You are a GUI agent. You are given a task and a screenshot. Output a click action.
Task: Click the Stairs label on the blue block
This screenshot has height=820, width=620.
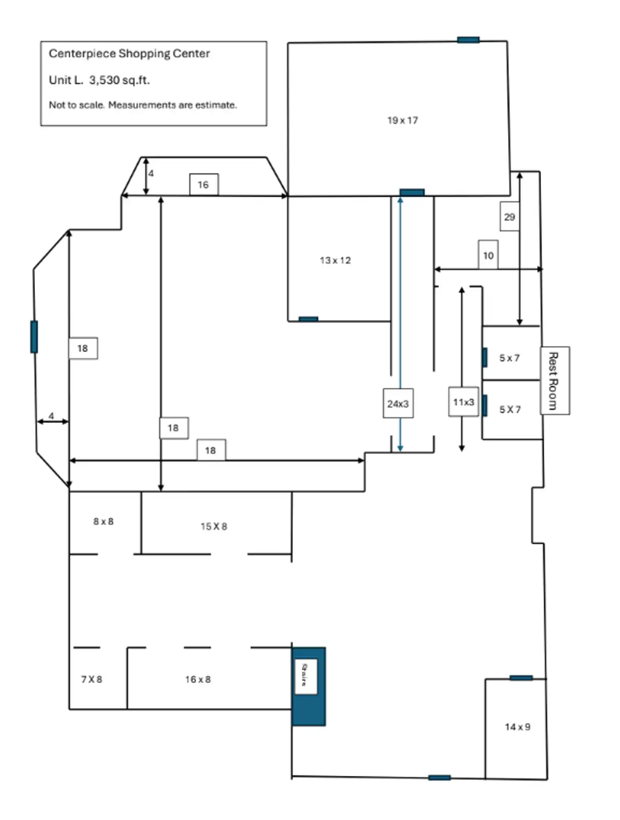click(x=305, y=675)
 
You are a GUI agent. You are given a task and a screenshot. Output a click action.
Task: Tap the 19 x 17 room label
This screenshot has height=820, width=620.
click(x=402, y=120)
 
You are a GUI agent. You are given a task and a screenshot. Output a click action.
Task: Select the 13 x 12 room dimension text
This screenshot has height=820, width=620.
click(x=335, y=260)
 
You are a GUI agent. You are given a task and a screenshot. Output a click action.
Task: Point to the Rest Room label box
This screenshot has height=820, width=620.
click(x=554, y=380)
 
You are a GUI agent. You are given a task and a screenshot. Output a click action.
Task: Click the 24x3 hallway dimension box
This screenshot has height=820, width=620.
click(x=398, y=404)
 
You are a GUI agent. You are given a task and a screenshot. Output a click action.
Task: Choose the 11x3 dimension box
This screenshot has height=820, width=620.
click(x=463, y=402)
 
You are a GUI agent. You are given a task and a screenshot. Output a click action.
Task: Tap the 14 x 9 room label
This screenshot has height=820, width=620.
click(x=517, y=727)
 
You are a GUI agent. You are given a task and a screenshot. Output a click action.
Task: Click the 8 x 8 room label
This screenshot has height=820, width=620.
click(x=104, y=521)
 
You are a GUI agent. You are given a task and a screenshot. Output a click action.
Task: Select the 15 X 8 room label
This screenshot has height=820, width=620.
click(x=214, y=526)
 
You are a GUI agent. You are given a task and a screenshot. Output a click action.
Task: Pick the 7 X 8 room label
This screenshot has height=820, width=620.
click(x=92, y=679)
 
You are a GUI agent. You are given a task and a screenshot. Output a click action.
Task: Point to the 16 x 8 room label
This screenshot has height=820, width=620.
click(x=198, y=679)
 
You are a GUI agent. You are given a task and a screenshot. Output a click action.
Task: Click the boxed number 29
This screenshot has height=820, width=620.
click(x=509, y=217)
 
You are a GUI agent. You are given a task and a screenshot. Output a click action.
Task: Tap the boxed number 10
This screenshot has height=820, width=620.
click(x=488, y=255)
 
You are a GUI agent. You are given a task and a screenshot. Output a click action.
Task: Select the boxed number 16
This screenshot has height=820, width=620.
click(x=203, y=184)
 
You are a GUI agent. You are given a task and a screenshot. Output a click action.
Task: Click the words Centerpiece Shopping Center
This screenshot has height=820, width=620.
click(x=129, y=53)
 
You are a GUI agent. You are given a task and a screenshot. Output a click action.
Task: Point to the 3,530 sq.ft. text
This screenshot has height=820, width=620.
click(x=119, y=80)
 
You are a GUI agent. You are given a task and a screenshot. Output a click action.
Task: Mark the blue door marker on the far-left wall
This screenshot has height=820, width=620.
click(x=34, y=337)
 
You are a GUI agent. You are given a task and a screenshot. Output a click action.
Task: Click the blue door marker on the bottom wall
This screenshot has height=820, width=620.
click(x=439, y=777)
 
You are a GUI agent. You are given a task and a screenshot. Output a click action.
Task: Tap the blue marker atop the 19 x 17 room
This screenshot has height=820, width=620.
click(x=468, y=40)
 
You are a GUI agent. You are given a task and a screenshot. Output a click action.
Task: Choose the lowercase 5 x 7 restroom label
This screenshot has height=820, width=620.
click(x=509, y=358)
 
